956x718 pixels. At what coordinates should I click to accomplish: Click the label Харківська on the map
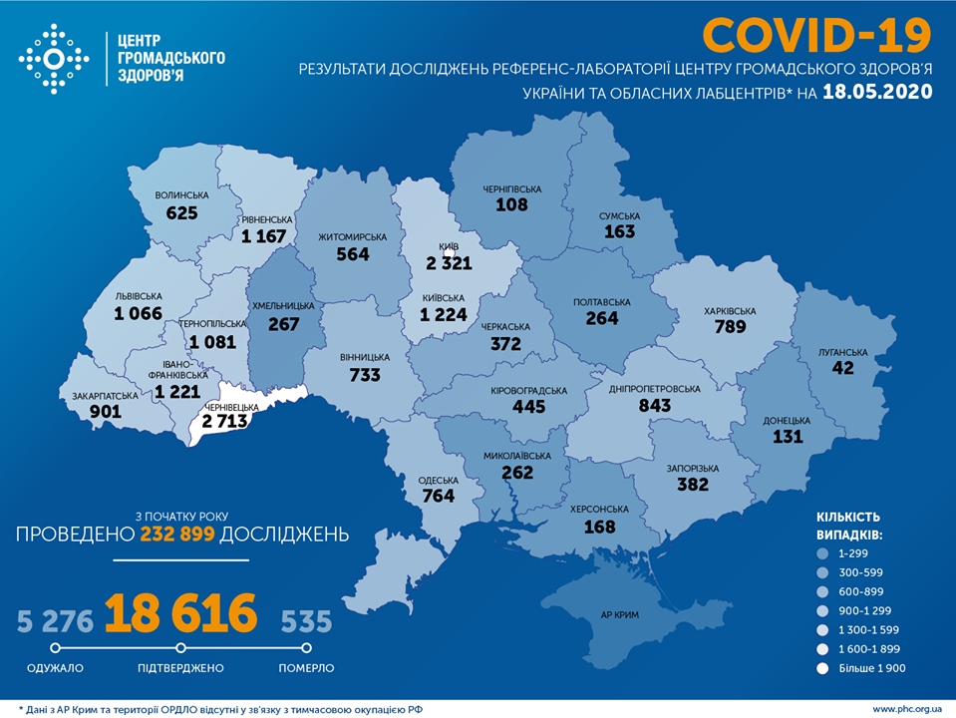729,311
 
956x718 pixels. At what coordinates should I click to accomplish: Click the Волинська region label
182,195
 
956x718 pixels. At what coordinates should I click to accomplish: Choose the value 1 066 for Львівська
138,314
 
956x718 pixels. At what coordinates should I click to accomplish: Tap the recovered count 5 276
55,622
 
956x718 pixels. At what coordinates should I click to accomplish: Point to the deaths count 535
305,622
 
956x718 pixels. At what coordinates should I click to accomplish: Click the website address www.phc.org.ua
907,709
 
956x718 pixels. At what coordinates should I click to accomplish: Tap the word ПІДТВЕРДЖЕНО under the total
180,668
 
